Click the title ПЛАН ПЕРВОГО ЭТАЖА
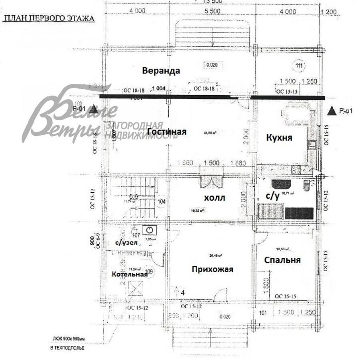(49, 19)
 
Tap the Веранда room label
(161, 71)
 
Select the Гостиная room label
(167, 132)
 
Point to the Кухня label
(279, 138)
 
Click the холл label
(215, 197)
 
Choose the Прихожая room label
(212, 269)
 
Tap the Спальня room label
(282, 260)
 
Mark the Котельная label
(127, 275)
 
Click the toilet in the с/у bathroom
(307, 186)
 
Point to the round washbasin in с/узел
(149, 231)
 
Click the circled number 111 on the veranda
(298, 65)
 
